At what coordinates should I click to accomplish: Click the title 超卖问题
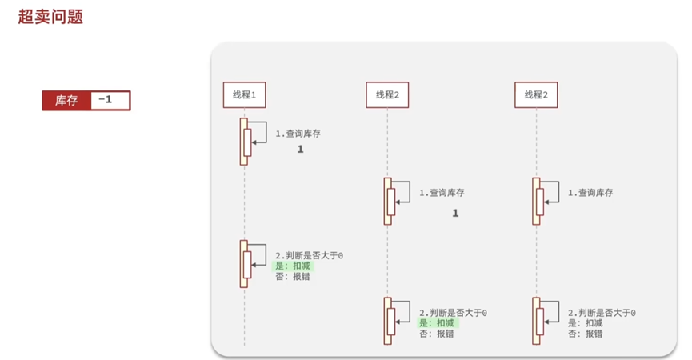click(51, 17)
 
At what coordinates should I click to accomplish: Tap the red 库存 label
click(66, 101)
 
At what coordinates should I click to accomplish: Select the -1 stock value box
click(110, 101)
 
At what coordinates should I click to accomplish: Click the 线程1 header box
click(244, 94)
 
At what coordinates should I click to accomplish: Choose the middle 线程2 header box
click(387, 94)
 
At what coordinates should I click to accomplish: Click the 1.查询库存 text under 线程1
click(298, 134)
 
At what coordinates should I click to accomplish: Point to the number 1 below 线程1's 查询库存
click(301, 150)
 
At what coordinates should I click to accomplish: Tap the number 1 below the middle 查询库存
click(455, 214)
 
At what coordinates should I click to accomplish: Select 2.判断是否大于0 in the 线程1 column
click(309, 255)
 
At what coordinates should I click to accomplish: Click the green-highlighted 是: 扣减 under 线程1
click(292, 266)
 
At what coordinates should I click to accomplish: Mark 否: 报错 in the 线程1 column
click(292, 277)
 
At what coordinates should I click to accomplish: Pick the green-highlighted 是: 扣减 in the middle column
click(437, 323)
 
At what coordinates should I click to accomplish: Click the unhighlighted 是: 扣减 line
click(585, 323)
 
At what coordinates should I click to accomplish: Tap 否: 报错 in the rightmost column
click(585, 334)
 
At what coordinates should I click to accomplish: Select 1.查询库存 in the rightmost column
click(590, 193)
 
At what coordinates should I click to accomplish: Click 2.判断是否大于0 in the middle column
click(453, 313)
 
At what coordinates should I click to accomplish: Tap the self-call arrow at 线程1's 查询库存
click(261, 136)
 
